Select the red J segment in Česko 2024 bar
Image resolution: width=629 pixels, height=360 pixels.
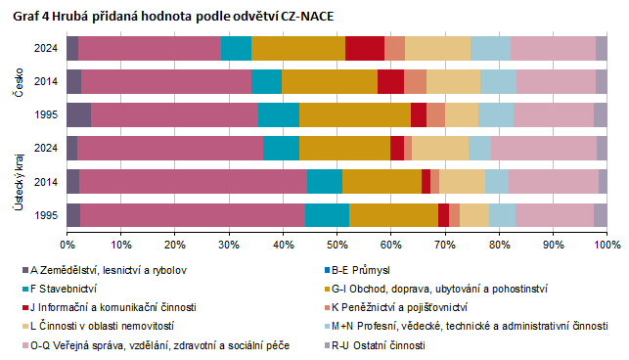(365, 47)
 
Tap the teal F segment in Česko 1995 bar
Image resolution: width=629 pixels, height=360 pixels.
(278, 113)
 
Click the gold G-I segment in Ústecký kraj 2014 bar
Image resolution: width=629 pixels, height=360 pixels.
(382, 181)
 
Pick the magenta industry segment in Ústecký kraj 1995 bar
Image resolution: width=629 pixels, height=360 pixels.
(192, 214)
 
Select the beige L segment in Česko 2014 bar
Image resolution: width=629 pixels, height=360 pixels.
(453, 81)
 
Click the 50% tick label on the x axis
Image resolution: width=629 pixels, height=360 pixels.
(337, 242)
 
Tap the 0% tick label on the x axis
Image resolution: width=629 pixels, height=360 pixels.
(67, 242)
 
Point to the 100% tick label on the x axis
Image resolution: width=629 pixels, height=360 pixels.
(607, 242)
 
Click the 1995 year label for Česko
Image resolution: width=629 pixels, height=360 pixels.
(44, 114)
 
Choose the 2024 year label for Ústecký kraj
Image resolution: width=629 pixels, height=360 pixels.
(44, 148)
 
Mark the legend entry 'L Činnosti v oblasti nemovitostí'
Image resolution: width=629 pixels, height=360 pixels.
(108, 326)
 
